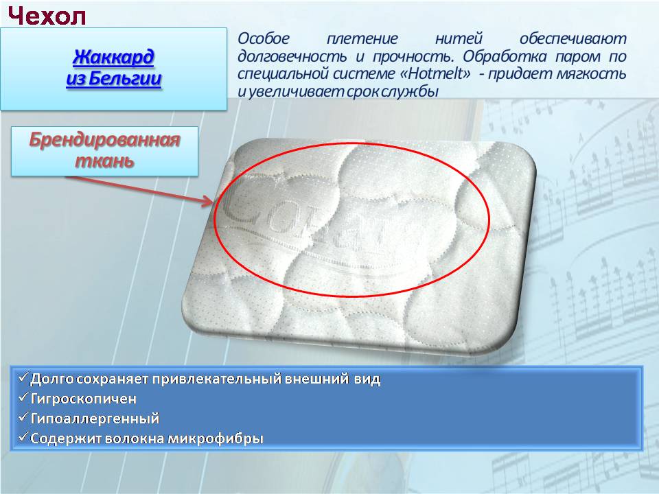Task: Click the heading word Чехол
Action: point(47,16)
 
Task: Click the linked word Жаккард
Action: point(113,57)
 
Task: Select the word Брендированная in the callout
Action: point(104,140)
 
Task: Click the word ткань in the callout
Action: point(104,161)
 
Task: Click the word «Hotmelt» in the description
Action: point(436,73)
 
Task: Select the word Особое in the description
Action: point(264,38)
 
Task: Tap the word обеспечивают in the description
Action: point(573,38)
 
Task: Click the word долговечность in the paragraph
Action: point(292,56)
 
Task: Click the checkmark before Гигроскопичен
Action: point(23,397)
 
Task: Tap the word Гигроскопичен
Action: point(84,399)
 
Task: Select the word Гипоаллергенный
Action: point(95,419)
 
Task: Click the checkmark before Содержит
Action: point(23,437)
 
